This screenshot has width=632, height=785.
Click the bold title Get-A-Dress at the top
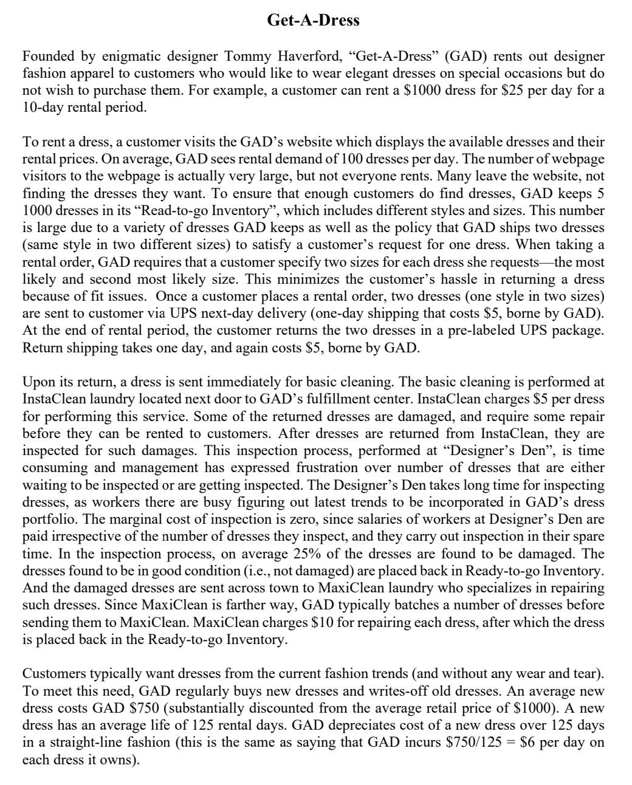pyautogui.click(x=313, y=21)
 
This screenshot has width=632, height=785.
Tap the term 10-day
pyautogui.click(x=43, y=108)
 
